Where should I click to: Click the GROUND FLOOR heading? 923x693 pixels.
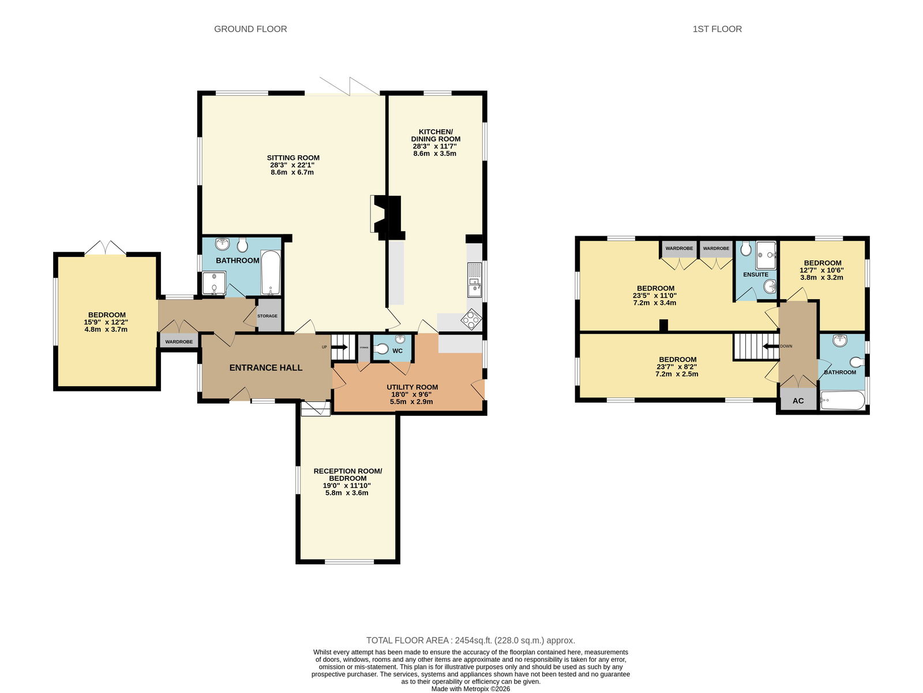[x=250, y=29]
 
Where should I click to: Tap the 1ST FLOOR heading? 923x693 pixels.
[x=717, y=29]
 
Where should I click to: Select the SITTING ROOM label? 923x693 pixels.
[x=293, y=158]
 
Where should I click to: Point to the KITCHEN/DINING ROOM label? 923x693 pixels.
[x=436, y=135]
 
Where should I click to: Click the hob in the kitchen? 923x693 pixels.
[x=471, y=319]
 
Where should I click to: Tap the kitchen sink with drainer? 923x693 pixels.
[x=475, y=280]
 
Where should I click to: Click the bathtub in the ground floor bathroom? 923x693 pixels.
[x=271, y=273]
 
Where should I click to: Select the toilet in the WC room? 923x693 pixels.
[x=381, y=349]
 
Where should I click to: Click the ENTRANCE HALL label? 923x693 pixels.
[x=266, y=368]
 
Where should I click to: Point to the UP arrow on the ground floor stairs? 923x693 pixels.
[x=339, y=347]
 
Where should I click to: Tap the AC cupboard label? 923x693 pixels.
[x=798, y=401]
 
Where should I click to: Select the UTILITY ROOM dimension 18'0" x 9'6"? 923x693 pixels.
[x=411, y=394]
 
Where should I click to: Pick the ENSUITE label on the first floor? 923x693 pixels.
[x=756, y=274]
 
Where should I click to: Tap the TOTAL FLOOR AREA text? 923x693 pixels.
[x=471, y=640]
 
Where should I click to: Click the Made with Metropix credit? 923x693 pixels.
[x=471, y=689]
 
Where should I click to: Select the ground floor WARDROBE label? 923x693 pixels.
[x=179, y=342]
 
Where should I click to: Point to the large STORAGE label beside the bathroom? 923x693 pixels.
[x=268, y=316]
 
